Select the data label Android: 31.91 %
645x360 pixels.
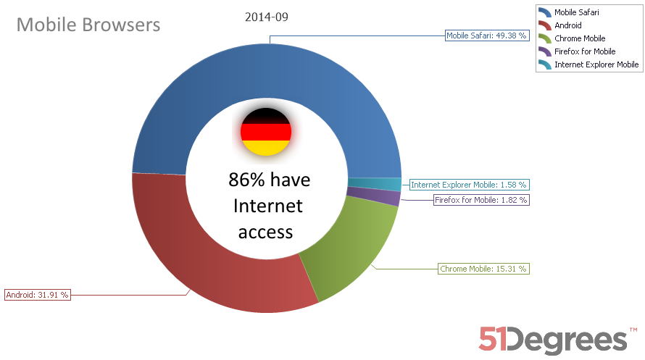37,295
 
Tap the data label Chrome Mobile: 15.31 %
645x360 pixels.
483,269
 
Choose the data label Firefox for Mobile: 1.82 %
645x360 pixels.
480,199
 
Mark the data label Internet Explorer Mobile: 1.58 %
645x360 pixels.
468,185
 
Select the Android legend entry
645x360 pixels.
568,25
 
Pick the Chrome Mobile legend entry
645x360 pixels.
579,38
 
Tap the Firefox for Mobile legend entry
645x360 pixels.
585,51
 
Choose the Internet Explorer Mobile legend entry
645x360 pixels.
596,64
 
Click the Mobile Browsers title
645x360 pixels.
88,25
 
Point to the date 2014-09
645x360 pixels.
267,17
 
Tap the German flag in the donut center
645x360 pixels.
266,132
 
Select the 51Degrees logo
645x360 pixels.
553,339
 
